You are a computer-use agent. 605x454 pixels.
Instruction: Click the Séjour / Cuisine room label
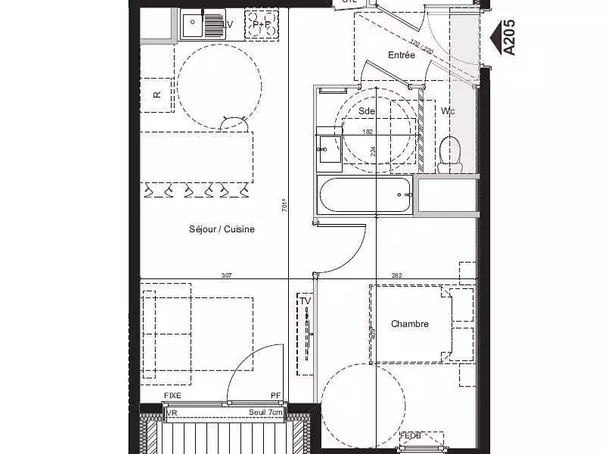(222, 229)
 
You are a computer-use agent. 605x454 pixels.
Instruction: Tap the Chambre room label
(410, 324)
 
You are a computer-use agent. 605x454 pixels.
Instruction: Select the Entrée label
(402, 55)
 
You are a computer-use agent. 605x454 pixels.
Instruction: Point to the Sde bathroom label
(367, 110)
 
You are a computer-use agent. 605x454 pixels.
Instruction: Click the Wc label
(448, 111)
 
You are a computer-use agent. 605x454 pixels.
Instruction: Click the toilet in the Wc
(450, 151)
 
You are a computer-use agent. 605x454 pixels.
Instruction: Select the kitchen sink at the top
(203, 26)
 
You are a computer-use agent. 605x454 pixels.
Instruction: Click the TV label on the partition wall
(306, 301)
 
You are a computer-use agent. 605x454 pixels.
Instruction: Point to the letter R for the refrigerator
(157, 95)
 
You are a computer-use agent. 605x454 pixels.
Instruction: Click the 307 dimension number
(226, 276)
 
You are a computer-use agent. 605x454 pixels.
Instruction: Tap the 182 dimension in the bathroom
(368, 132)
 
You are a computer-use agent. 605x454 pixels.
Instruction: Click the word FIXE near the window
(173, 396)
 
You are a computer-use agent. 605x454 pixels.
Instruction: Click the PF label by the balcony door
(276, 396)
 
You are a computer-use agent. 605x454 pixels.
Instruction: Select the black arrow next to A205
(497, 35)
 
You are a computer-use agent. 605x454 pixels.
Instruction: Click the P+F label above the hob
(262, 24)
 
